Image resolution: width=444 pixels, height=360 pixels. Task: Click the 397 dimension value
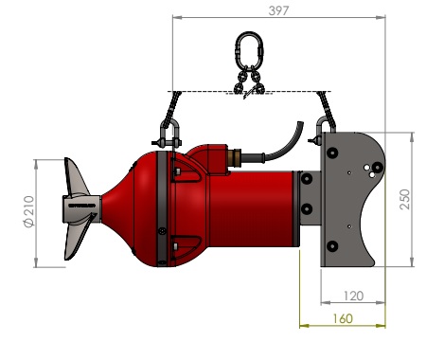278,10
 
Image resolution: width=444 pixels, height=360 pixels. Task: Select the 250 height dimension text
405,199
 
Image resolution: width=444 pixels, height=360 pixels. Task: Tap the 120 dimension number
353,296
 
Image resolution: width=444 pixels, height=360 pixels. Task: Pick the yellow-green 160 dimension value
343,318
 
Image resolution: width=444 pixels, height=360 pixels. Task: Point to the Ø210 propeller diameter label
29,211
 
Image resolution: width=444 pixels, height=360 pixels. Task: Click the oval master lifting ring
249,50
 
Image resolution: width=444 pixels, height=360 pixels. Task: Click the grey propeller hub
81,208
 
